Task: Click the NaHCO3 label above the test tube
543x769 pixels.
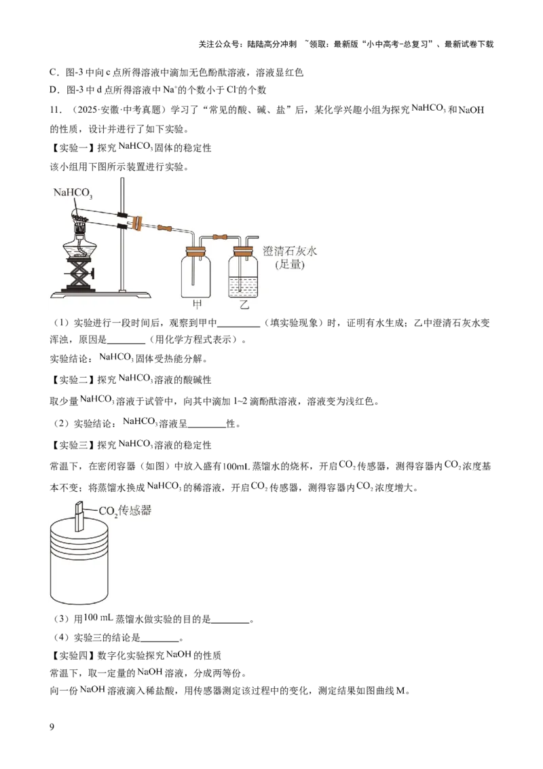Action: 73,193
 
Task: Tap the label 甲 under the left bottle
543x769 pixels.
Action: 198,305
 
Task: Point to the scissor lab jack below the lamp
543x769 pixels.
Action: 81,277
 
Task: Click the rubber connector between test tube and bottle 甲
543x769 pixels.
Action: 164,230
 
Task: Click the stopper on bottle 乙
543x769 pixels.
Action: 244,253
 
